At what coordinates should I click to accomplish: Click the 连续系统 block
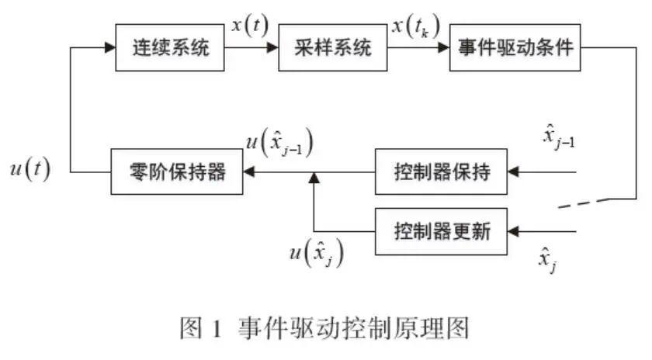coord(168,48)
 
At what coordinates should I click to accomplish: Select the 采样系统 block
coord(331,48)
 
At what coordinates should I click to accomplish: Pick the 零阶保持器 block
coord(178,171)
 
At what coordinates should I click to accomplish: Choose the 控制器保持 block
coord(442,171)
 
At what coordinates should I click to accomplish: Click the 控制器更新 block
coord(442,231)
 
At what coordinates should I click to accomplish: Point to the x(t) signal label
coord(249,26)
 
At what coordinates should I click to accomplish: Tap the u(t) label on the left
coord(29,168)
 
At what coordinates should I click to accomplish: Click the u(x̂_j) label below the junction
coord(316,254)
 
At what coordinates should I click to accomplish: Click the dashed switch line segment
coord(577,205)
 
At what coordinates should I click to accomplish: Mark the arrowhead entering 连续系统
coord(109,48)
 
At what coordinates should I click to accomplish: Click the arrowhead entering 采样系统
coord(272,48)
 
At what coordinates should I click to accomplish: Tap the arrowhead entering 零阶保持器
coord(248,171)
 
